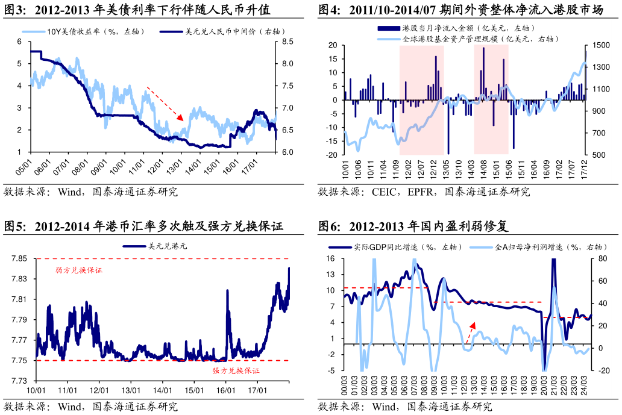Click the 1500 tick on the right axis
[x=600, y=45]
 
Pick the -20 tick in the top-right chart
[x=331, y=155]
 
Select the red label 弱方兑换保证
[x=78, y=270]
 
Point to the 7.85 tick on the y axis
[x=19, y=259]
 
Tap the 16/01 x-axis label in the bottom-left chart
[x=225, y=390]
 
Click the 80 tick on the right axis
[x=601, y=259]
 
